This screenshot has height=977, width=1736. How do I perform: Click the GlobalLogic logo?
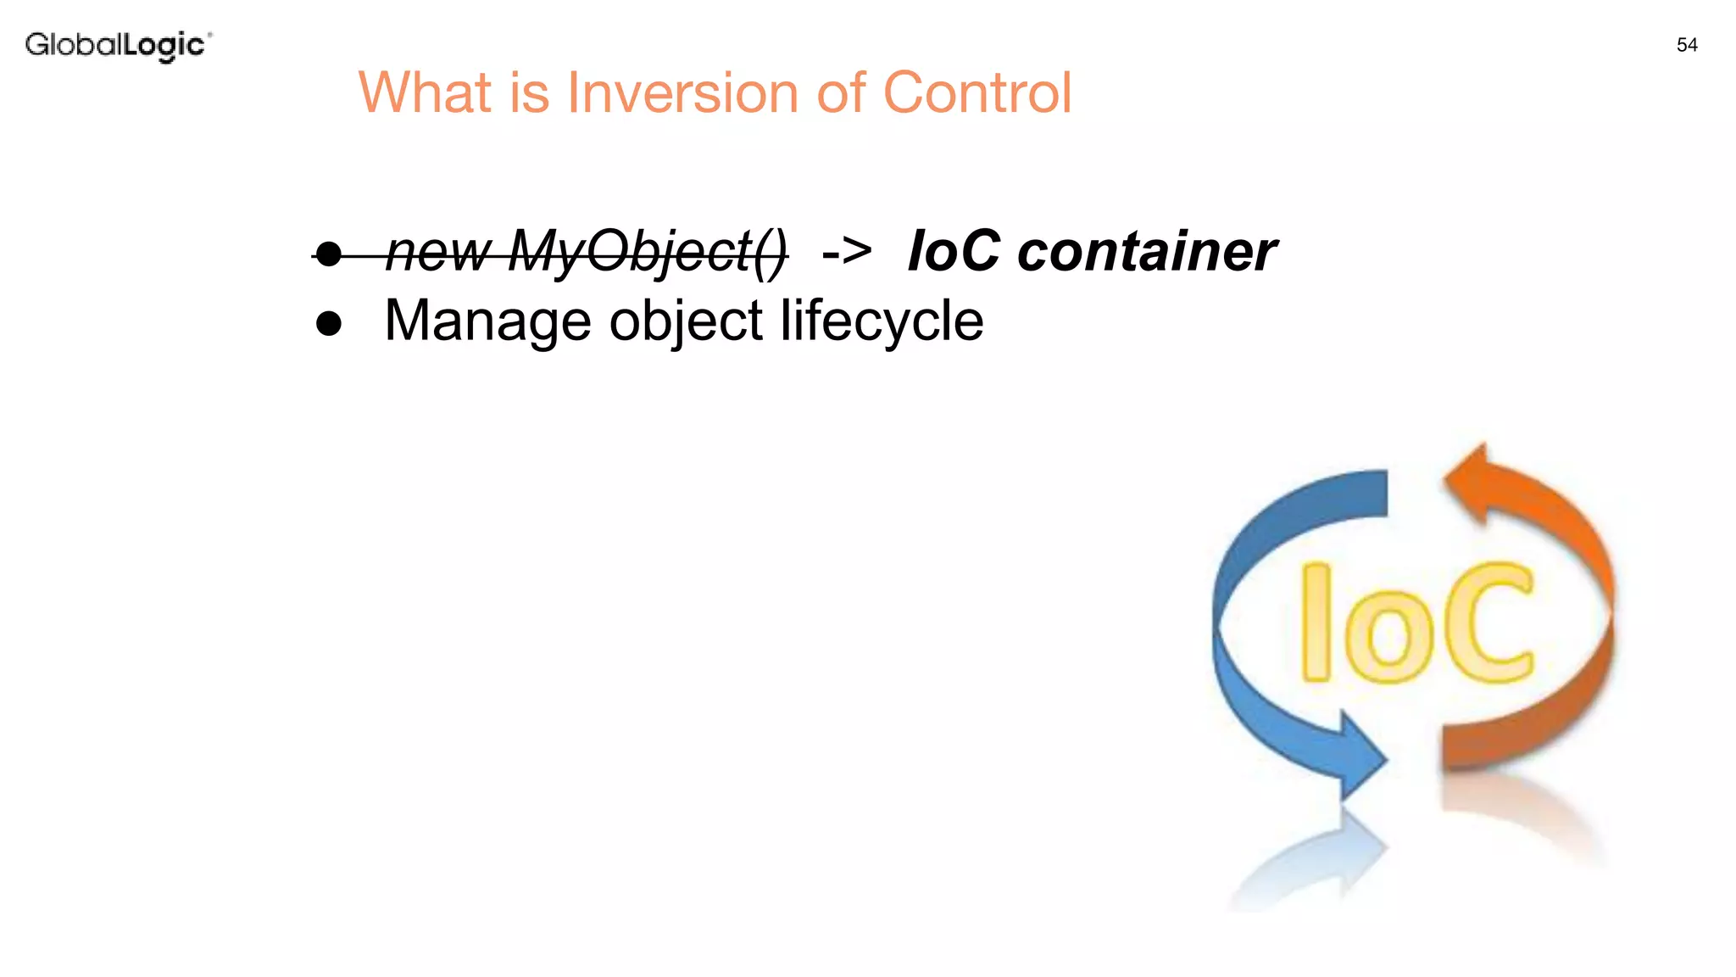(118, 45)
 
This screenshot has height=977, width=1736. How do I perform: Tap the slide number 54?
(1687, 45)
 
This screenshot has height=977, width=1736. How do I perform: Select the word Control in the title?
(977, 92)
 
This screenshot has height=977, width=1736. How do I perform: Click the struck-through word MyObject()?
(648, 252)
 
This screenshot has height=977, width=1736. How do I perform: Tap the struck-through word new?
(438, 254)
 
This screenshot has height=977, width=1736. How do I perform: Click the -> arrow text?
(847, 252)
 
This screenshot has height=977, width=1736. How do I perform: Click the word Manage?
(487, 321)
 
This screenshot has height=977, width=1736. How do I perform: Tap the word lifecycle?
(882, 321)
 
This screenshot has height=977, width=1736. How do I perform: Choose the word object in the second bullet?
(686, 323)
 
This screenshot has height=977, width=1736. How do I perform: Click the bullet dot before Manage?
(328, 323)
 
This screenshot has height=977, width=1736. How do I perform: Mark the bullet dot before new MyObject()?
(328, 253)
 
